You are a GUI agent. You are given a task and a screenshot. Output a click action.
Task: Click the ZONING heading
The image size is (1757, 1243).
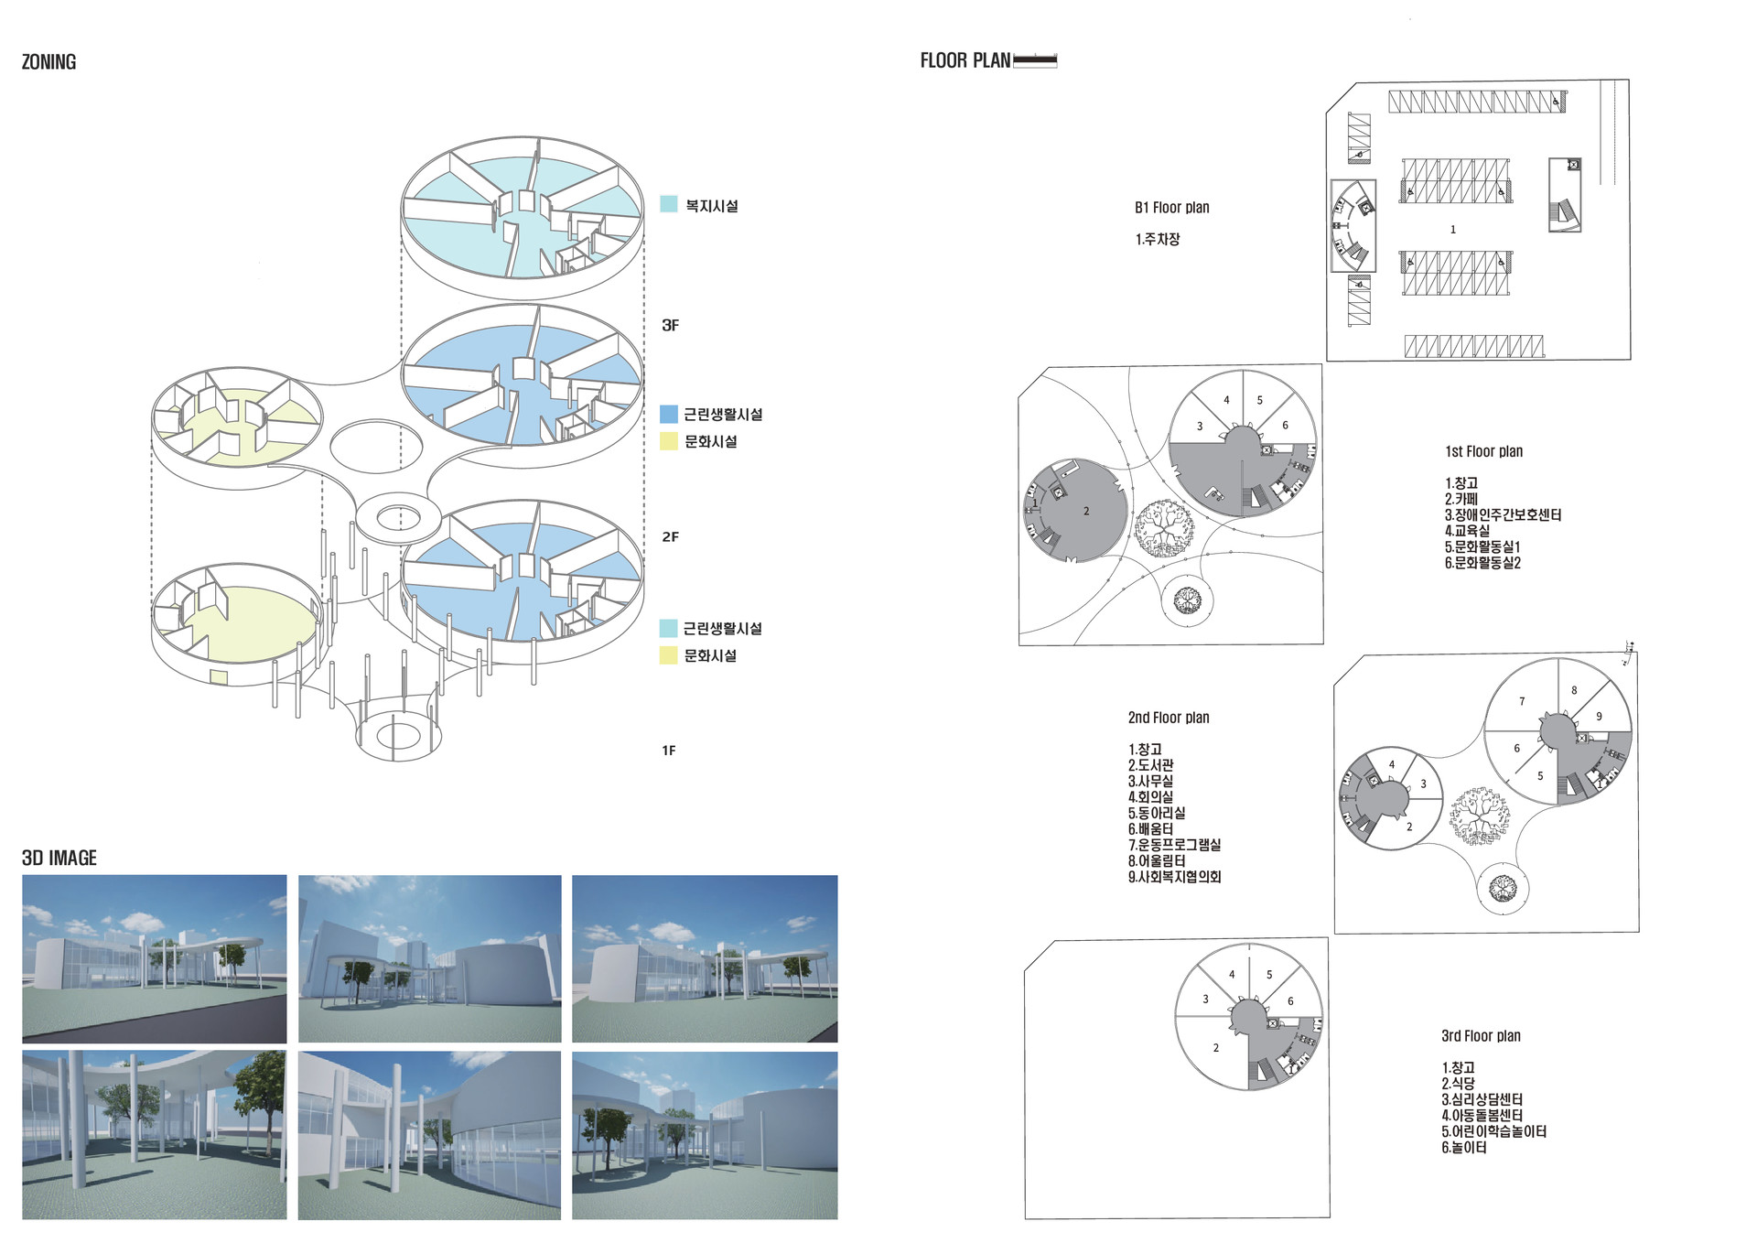(49, 62)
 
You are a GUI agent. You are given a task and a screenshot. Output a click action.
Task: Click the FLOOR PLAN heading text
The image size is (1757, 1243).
(965, 60)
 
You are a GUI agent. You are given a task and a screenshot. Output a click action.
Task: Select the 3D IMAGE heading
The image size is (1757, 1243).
(59, 858)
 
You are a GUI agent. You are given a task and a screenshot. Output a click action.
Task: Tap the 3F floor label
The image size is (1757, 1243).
(670, 325)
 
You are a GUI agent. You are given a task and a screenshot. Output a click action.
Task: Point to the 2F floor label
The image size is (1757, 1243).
(670, 536)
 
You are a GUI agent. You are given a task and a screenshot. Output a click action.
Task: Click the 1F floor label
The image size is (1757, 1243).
(669, 751)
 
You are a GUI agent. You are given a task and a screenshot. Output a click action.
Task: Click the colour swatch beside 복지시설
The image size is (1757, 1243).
(669, 204)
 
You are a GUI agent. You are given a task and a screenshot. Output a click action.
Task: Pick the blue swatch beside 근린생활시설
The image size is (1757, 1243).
(669, 414)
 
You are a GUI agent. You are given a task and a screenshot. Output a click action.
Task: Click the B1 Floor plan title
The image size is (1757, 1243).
(1171, 208)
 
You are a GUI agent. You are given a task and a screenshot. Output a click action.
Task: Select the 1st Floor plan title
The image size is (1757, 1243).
(1483, 451)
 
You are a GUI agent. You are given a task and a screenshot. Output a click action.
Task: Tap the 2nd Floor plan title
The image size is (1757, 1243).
(1169, 718)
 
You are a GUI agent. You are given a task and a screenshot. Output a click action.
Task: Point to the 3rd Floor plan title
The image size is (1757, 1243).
(1481, 1036)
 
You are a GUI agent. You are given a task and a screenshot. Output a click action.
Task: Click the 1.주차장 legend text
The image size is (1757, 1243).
(1158, 239)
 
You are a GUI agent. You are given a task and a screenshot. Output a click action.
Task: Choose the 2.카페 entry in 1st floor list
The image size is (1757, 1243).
(1461, 499)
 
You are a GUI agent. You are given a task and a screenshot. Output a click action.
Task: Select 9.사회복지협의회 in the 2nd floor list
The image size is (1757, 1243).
(1174, 877)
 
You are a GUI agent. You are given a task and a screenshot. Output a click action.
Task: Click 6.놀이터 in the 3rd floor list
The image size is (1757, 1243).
(1464, 1148)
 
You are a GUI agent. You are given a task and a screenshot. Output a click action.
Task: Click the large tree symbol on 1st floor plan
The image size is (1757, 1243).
(1164, 528)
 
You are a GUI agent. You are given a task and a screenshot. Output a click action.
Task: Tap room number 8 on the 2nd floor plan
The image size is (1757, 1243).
(1574, 690)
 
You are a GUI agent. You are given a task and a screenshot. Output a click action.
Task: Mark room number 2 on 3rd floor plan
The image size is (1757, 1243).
(1216, 1048)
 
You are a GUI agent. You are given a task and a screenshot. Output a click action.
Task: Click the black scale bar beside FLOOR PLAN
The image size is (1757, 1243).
(1035, 60)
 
